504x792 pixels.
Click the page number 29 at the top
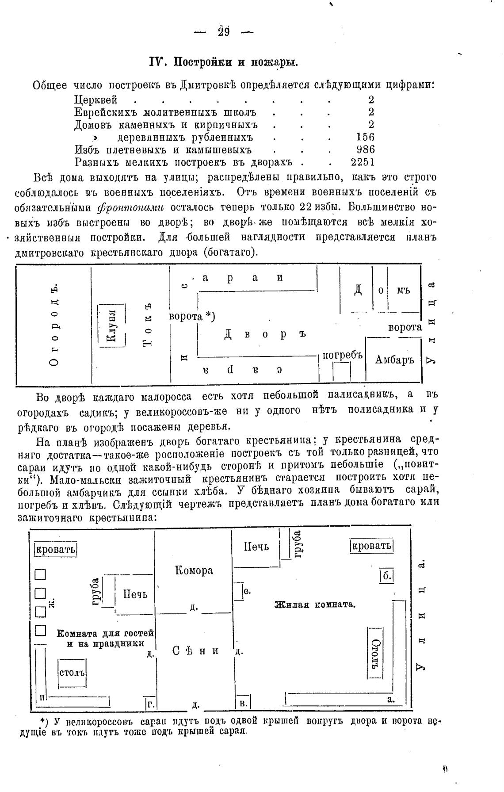224,32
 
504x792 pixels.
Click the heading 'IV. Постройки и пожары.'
224,62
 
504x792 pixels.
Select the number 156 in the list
365,137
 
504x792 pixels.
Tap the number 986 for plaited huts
365,149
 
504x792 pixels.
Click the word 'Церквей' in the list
95,99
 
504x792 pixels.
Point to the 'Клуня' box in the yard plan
112,325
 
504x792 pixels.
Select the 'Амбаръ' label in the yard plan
394,360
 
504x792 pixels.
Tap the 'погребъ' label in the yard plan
343,355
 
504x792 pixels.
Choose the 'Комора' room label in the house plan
194,570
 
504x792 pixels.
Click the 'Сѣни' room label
195,650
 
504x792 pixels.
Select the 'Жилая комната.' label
315,605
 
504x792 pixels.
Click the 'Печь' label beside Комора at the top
256,547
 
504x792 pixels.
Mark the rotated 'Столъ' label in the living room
375,652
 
